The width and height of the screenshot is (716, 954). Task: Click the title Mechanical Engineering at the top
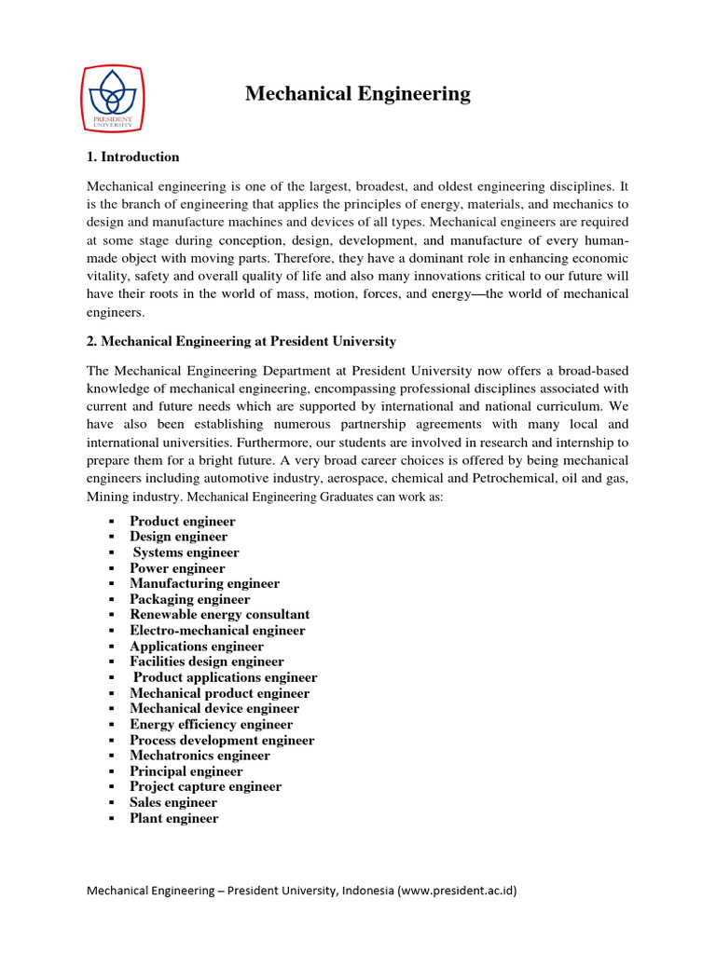tap(358, 94)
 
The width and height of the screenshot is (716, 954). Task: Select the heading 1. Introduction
tap(132, 157)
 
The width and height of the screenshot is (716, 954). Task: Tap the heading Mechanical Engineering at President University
tap(241, 341)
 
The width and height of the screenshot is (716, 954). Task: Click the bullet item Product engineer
tap(182, 521)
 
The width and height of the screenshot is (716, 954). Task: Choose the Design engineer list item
tap(178, 537)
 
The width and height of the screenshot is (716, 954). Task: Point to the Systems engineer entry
tap(186, 552)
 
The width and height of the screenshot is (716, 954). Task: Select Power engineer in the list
tap(177, 568)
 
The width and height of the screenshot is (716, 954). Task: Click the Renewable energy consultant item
tap(219, 615)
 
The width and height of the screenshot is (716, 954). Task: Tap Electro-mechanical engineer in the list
tap(217, 631)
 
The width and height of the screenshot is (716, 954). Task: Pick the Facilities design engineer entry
tap(206, 661)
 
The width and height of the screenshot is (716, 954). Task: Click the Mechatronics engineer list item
tap(200, 756)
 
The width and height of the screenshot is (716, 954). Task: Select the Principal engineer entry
tap(186, 771)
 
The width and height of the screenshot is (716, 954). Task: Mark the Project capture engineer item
tap(205, 786)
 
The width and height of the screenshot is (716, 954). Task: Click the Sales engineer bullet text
tap(173, 802)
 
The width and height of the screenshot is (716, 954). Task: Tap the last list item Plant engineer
tap(173, 818)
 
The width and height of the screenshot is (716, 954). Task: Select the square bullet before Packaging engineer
tap(110, 600)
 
